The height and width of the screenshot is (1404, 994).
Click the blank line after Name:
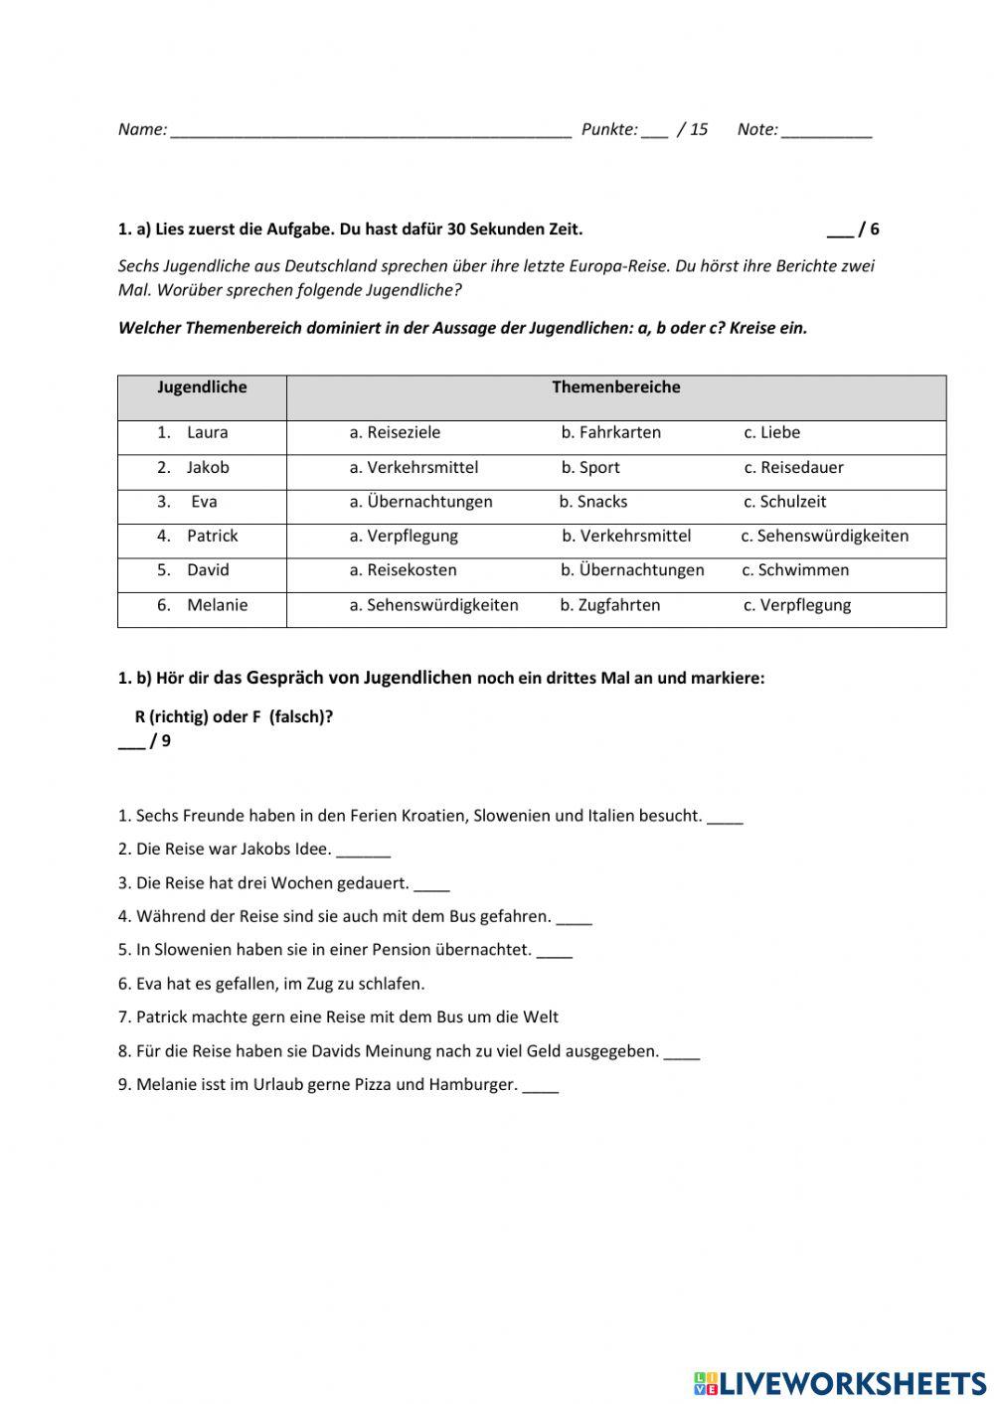[371, 130]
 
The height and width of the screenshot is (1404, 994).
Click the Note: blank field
[826, 130]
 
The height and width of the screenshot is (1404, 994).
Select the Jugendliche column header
[202, 388]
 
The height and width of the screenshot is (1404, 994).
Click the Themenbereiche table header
[615, 388]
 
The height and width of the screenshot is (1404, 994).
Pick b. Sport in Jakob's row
[589, 467]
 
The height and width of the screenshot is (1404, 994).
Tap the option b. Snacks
[592, 502]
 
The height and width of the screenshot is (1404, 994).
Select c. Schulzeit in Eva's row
[784, 502]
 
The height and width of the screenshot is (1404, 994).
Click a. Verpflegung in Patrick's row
[404, 536]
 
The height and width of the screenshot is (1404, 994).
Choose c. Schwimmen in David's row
[795, 570]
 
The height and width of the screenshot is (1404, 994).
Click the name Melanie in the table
[217, 605]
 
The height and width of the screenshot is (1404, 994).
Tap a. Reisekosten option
[403, 570]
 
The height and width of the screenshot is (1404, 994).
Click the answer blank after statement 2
[364, 852]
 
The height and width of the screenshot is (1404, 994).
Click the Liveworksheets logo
[839, 1382]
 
